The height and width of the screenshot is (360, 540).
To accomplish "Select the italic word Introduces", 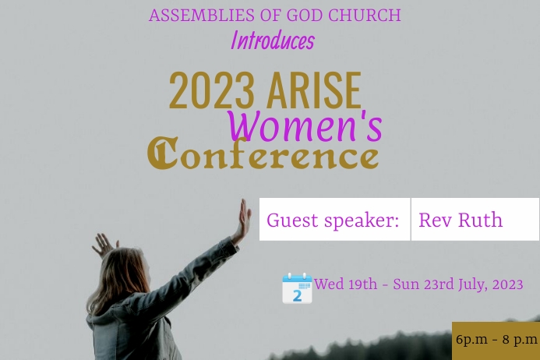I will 272,41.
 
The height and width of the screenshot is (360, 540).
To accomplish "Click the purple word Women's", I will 305,126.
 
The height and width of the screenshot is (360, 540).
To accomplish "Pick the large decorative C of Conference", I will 161,154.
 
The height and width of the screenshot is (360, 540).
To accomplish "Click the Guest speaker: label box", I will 334,220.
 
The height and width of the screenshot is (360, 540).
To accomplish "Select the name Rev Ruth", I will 460,220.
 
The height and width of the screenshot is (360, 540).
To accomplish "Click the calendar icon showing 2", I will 297,288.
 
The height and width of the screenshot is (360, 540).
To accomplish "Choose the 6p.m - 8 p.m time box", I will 496,341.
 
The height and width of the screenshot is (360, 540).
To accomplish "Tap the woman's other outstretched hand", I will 102,245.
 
